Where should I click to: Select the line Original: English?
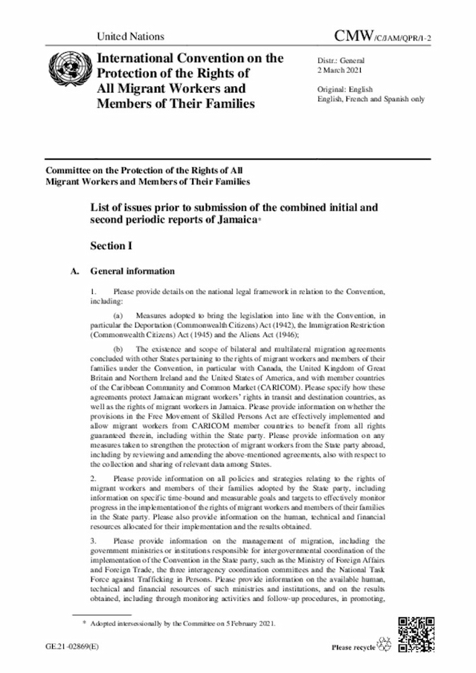[346, 88]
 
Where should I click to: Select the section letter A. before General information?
[74, 271]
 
